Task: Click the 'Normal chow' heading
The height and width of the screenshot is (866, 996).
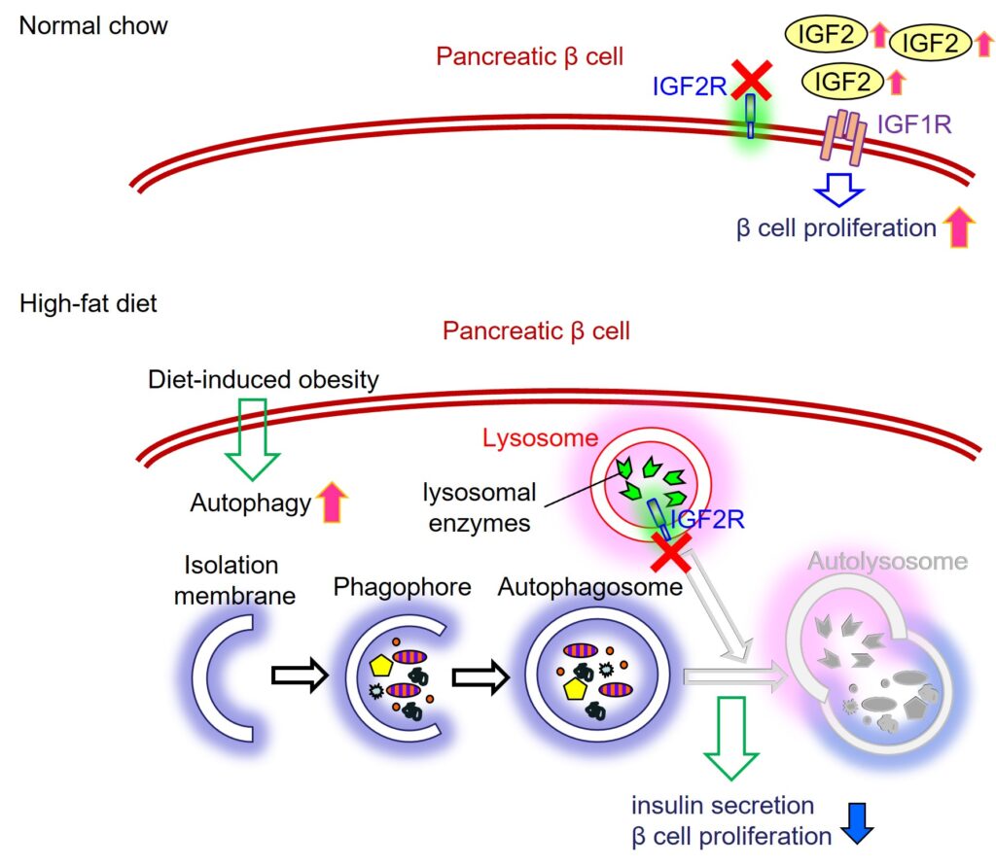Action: pos(93,25)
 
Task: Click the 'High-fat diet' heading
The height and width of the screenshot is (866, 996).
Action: pos(88,303)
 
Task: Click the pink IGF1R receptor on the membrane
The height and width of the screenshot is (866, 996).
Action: pos(842,137)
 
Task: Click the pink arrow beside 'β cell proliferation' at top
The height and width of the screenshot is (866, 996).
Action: pos(959,226)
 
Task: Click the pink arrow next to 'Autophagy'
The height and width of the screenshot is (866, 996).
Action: pos(333,502)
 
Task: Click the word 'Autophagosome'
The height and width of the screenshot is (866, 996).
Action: pos(589,587)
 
